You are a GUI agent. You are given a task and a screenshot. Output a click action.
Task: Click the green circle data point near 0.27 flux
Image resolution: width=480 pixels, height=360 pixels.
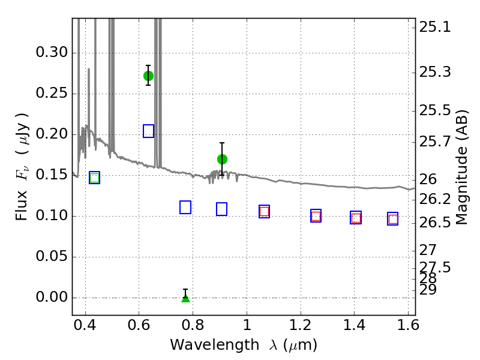[x=148, y=76]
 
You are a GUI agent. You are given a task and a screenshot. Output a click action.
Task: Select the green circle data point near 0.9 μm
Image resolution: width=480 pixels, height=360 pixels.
[x=222, y=159]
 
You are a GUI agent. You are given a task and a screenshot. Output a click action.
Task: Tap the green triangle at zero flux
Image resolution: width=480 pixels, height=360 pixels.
[x=185, y=298]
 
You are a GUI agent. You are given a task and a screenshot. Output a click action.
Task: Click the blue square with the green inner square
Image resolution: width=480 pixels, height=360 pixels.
[x=95, y=178]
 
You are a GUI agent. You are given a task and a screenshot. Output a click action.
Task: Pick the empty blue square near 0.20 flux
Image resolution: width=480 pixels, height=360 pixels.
[x=148, y=131]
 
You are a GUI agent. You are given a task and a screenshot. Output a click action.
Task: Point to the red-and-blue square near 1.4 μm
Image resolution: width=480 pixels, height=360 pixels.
[x=356, y=218]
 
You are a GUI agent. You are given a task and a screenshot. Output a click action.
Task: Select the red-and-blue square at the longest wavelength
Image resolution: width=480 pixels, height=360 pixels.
[x=393, y=219]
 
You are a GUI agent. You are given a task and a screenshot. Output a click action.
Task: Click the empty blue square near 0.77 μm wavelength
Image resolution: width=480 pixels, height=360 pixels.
[x=185, y=207]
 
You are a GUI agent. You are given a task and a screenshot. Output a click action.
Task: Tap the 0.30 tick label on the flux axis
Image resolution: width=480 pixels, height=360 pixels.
[x=52, y=52]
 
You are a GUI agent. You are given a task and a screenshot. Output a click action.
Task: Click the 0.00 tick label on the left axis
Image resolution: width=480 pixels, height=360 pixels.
[x=52, y=297]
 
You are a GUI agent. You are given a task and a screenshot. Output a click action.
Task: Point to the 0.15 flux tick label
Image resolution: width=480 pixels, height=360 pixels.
[x=52, y=175]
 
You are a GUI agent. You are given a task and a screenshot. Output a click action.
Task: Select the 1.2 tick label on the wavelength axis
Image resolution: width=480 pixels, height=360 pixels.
[x=301, y=325]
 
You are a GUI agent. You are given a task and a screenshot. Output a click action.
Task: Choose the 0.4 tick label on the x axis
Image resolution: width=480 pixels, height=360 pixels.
[x=85, y=325]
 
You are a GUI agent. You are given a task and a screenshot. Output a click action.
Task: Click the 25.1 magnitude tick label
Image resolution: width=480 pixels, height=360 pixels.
[x=435, y=28]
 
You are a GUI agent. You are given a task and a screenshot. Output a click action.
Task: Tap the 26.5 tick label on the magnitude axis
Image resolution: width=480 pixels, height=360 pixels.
[x=435, y=223]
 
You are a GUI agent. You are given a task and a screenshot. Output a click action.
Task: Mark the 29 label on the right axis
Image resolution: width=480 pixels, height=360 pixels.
[x=428, y=290]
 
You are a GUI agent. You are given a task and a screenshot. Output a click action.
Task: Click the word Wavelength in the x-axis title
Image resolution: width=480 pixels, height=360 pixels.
[x=215, y=346]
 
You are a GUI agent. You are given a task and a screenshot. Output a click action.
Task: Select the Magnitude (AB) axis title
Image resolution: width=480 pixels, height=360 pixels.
[x=461, y=167]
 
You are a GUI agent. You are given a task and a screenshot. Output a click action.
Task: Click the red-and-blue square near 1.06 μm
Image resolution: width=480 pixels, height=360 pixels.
[x=264, y=212]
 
